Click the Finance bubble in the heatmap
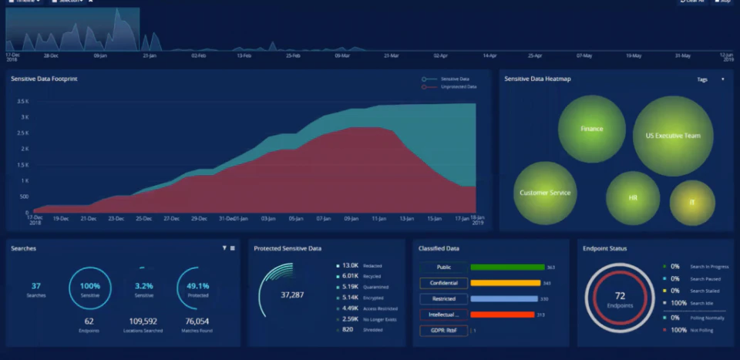[x=591, y=129]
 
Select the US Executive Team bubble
[x=672, y=136]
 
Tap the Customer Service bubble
[x=545, y=193]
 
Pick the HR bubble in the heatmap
[x=633, y=198]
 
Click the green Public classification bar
[x=506, y=267]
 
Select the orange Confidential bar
[x=505, y=283]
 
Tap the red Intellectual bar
[x=502, y=315]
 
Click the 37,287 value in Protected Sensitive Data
[x=292, y=294]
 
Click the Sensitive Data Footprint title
[x=44, y=79]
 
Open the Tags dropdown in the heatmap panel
[x=710, y=79]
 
